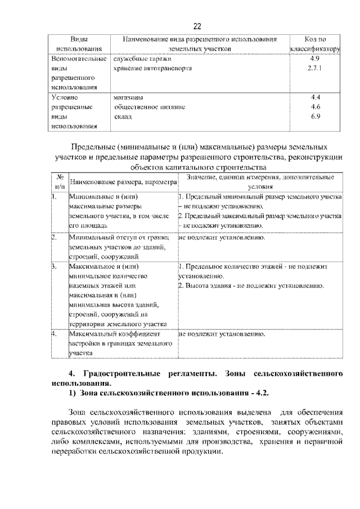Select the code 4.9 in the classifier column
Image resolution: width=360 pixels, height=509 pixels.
coord(315,58)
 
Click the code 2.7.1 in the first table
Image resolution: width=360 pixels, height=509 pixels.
coord(315,68)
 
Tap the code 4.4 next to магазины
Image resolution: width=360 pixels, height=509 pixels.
coord(315,97)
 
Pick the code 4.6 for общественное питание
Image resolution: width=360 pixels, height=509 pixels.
coord(315,106)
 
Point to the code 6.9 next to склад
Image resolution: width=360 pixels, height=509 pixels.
coord(315,116)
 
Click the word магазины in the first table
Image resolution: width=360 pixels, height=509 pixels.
coord(127,97)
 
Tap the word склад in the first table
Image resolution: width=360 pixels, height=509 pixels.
coord(122,116)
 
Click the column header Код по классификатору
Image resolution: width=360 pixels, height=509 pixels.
coord(315,44)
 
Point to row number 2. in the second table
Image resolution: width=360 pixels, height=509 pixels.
coord(55,237)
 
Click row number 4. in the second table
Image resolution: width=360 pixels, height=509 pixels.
coord(55,334)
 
